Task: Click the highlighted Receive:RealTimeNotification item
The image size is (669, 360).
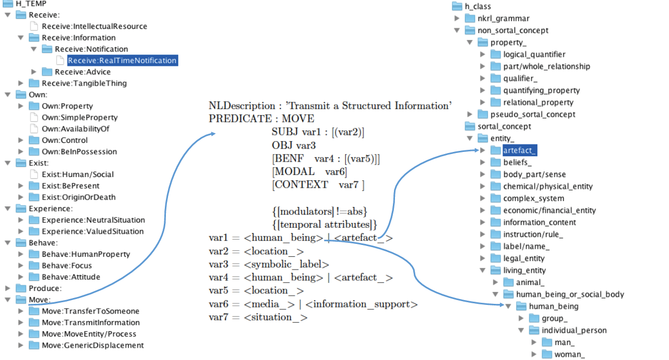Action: click(x=121, y=60)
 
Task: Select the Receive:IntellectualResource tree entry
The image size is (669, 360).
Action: click(x=94, y=26)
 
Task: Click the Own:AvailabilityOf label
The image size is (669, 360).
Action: click(x=79, y=129)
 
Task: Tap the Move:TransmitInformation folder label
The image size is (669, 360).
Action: click(x=90, y=323)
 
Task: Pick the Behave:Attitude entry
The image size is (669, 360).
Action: click(x=71, y=277)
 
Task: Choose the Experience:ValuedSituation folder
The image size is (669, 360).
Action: click(x=93, y=232)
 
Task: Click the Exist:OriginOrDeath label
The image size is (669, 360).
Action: click(x=78, y=197)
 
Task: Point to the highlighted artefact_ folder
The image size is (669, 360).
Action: click(x=519, y=150)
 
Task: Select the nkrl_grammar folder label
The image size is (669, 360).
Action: click(x=503, y=19)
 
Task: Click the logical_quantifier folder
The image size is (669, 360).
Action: click(x=534, y=55)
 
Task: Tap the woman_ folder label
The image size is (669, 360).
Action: click(x=569, y=355)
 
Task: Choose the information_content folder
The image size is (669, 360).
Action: click(x=539, y=223)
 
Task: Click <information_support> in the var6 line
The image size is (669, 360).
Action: click(x=362, y=304)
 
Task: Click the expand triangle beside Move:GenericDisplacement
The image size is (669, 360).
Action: click(x=21, y=346)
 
